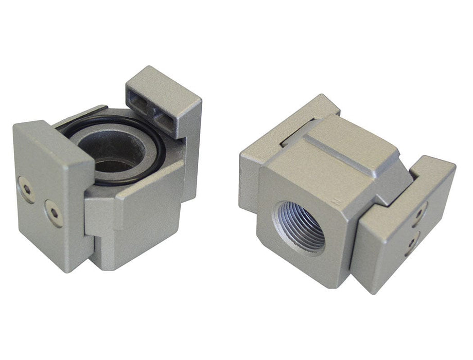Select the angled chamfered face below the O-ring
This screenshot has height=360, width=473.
(149, 185)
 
